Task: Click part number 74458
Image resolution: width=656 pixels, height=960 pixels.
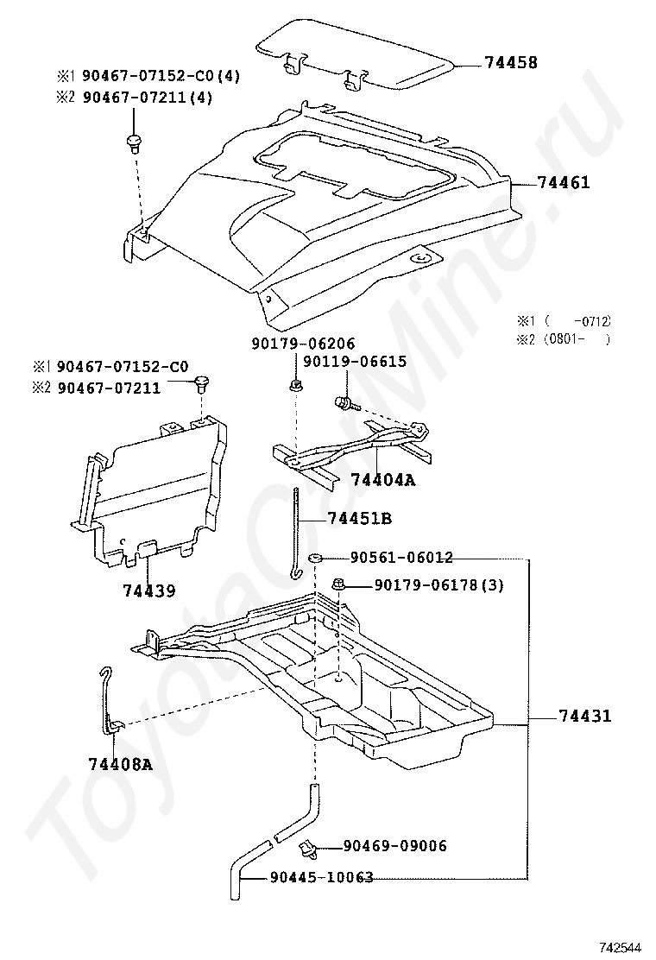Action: [x=511, y=63]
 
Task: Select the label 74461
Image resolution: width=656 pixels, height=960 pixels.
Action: [x=564, y=183]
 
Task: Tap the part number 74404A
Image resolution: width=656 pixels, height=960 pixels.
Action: [x=382, y=480]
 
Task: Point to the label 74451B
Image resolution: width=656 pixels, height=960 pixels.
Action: [x=360, y=518]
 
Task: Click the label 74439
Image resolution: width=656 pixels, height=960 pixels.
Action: [x=148, y=591]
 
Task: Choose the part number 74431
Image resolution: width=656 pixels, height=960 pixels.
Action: [x=584, y=716]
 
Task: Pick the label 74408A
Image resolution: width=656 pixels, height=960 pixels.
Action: [x=120, y=763]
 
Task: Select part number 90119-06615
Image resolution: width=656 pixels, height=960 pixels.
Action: [x=355, y=362]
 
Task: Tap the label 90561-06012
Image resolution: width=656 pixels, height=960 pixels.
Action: [x=401, y=558]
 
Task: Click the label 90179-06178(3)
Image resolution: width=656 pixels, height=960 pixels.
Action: [x=438, y=586]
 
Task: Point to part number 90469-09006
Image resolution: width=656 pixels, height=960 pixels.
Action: [x=394, y=846]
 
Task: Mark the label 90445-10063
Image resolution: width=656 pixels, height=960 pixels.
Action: [x=321, y=877]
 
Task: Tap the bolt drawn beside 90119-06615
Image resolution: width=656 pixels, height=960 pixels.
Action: [x=343, y=401]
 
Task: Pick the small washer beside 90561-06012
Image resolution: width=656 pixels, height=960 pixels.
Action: [x=316, y=559]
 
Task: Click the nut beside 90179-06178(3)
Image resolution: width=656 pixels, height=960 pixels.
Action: [x=340, y=585]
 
